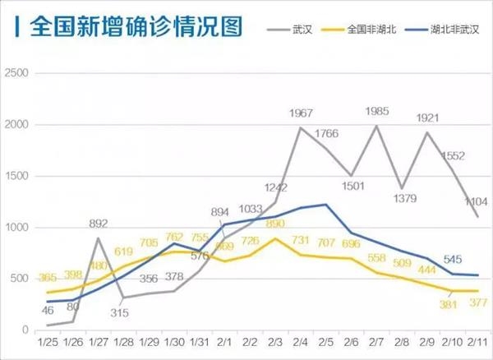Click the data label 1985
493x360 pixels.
pos(378,112)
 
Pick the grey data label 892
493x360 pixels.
pos(99,224)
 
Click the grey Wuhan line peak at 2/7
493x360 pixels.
pos(376,126)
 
